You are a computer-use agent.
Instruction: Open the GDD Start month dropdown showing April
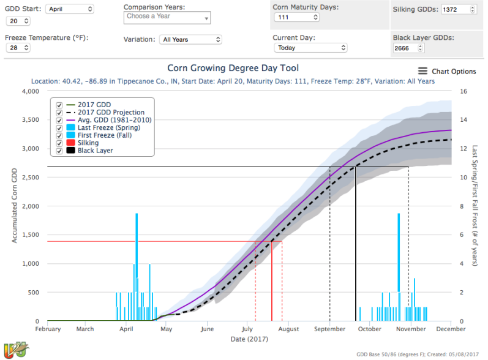pos(69,9)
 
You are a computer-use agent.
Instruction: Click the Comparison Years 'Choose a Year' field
pos(167,17)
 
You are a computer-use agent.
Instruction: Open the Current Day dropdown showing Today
pos(310,48)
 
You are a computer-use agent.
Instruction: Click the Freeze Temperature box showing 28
pos(18,48)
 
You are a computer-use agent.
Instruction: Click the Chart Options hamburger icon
pos(423,71)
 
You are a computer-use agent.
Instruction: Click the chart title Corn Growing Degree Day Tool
pos(233,68)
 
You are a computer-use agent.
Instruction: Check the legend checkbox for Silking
pos(59,143)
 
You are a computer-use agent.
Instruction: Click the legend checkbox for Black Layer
pos(59,151)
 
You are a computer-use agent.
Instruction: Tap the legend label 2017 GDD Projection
pos(111,113)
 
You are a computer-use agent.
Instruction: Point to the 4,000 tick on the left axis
pos(30,92)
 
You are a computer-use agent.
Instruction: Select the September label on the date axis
pos(329,329)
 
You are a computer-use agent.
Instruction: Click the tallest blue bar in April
pos(137,266)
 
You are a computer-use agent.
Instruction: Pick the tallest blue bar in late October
pos(399,266)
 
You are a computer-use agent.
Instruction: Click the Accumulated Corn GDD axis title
pos(15,206)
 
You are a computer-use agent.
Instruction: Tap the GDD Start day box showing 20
pos(18,21)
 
